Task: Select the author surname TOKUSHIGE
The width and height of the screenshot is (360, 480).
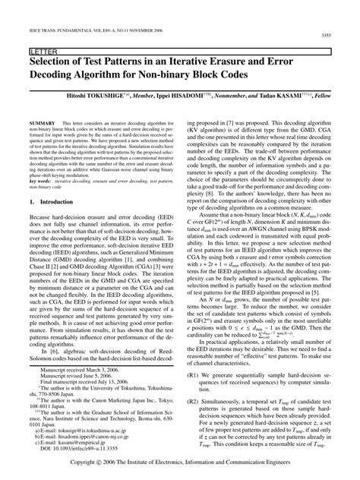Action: [115, 98]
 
